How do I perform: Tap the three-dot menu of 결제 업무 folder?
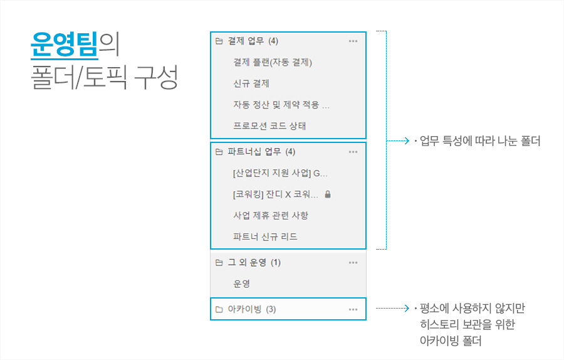[353, 41]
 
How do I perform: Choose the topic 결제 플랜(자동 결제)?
[272, 63]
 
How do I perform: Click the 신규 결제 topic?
[251, 83]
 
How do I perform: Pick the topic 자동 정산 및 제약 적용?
[281, 105]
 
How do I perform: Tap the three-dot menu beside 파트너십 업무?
[353, 152]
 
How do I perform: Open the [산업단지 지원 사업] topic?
[279, 173]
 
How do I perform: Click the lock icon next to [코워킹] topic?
[328, 194]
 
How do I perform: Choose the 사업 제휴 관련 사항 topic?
[271, 216]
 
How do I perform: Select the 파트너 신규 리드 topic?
[265, 237]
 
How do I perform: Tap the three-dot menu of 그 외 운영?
[353, 263]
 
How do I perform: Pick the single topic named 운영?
[242, 284]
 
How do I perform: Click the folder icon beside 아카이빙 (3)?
[219, 310]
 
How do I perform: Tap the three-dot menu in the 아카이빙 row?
[353, 310]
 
